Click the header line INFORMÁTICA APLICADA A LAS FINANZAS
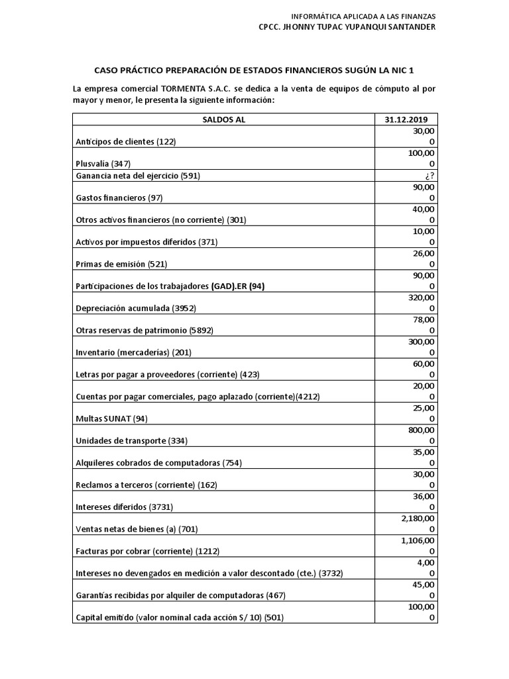coord(364,16)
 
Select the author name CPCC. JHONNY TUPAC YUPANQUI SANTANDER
coord(347,27)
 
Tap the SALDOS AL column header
coord(223,119)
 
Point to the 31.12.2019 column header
coord(406,119)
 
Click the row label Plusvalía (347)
coord(103,163)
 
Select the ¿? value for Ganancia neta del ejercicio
coord(430,176)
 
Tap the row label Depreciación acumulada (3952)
coord(136,308)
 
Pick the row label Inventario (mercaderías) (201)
coord(133,352)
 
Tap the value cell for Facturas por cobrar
coord(415,546)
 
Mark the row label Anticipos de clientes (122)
coord(125,141)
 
